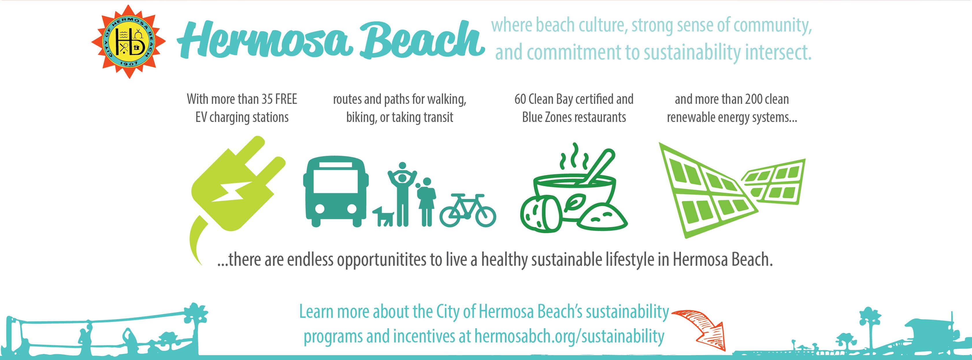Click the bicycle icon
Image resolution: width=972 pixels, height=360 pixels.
pos(468,211)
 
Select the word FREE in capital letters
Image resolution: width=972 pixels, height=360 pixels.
pos(286,99)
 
